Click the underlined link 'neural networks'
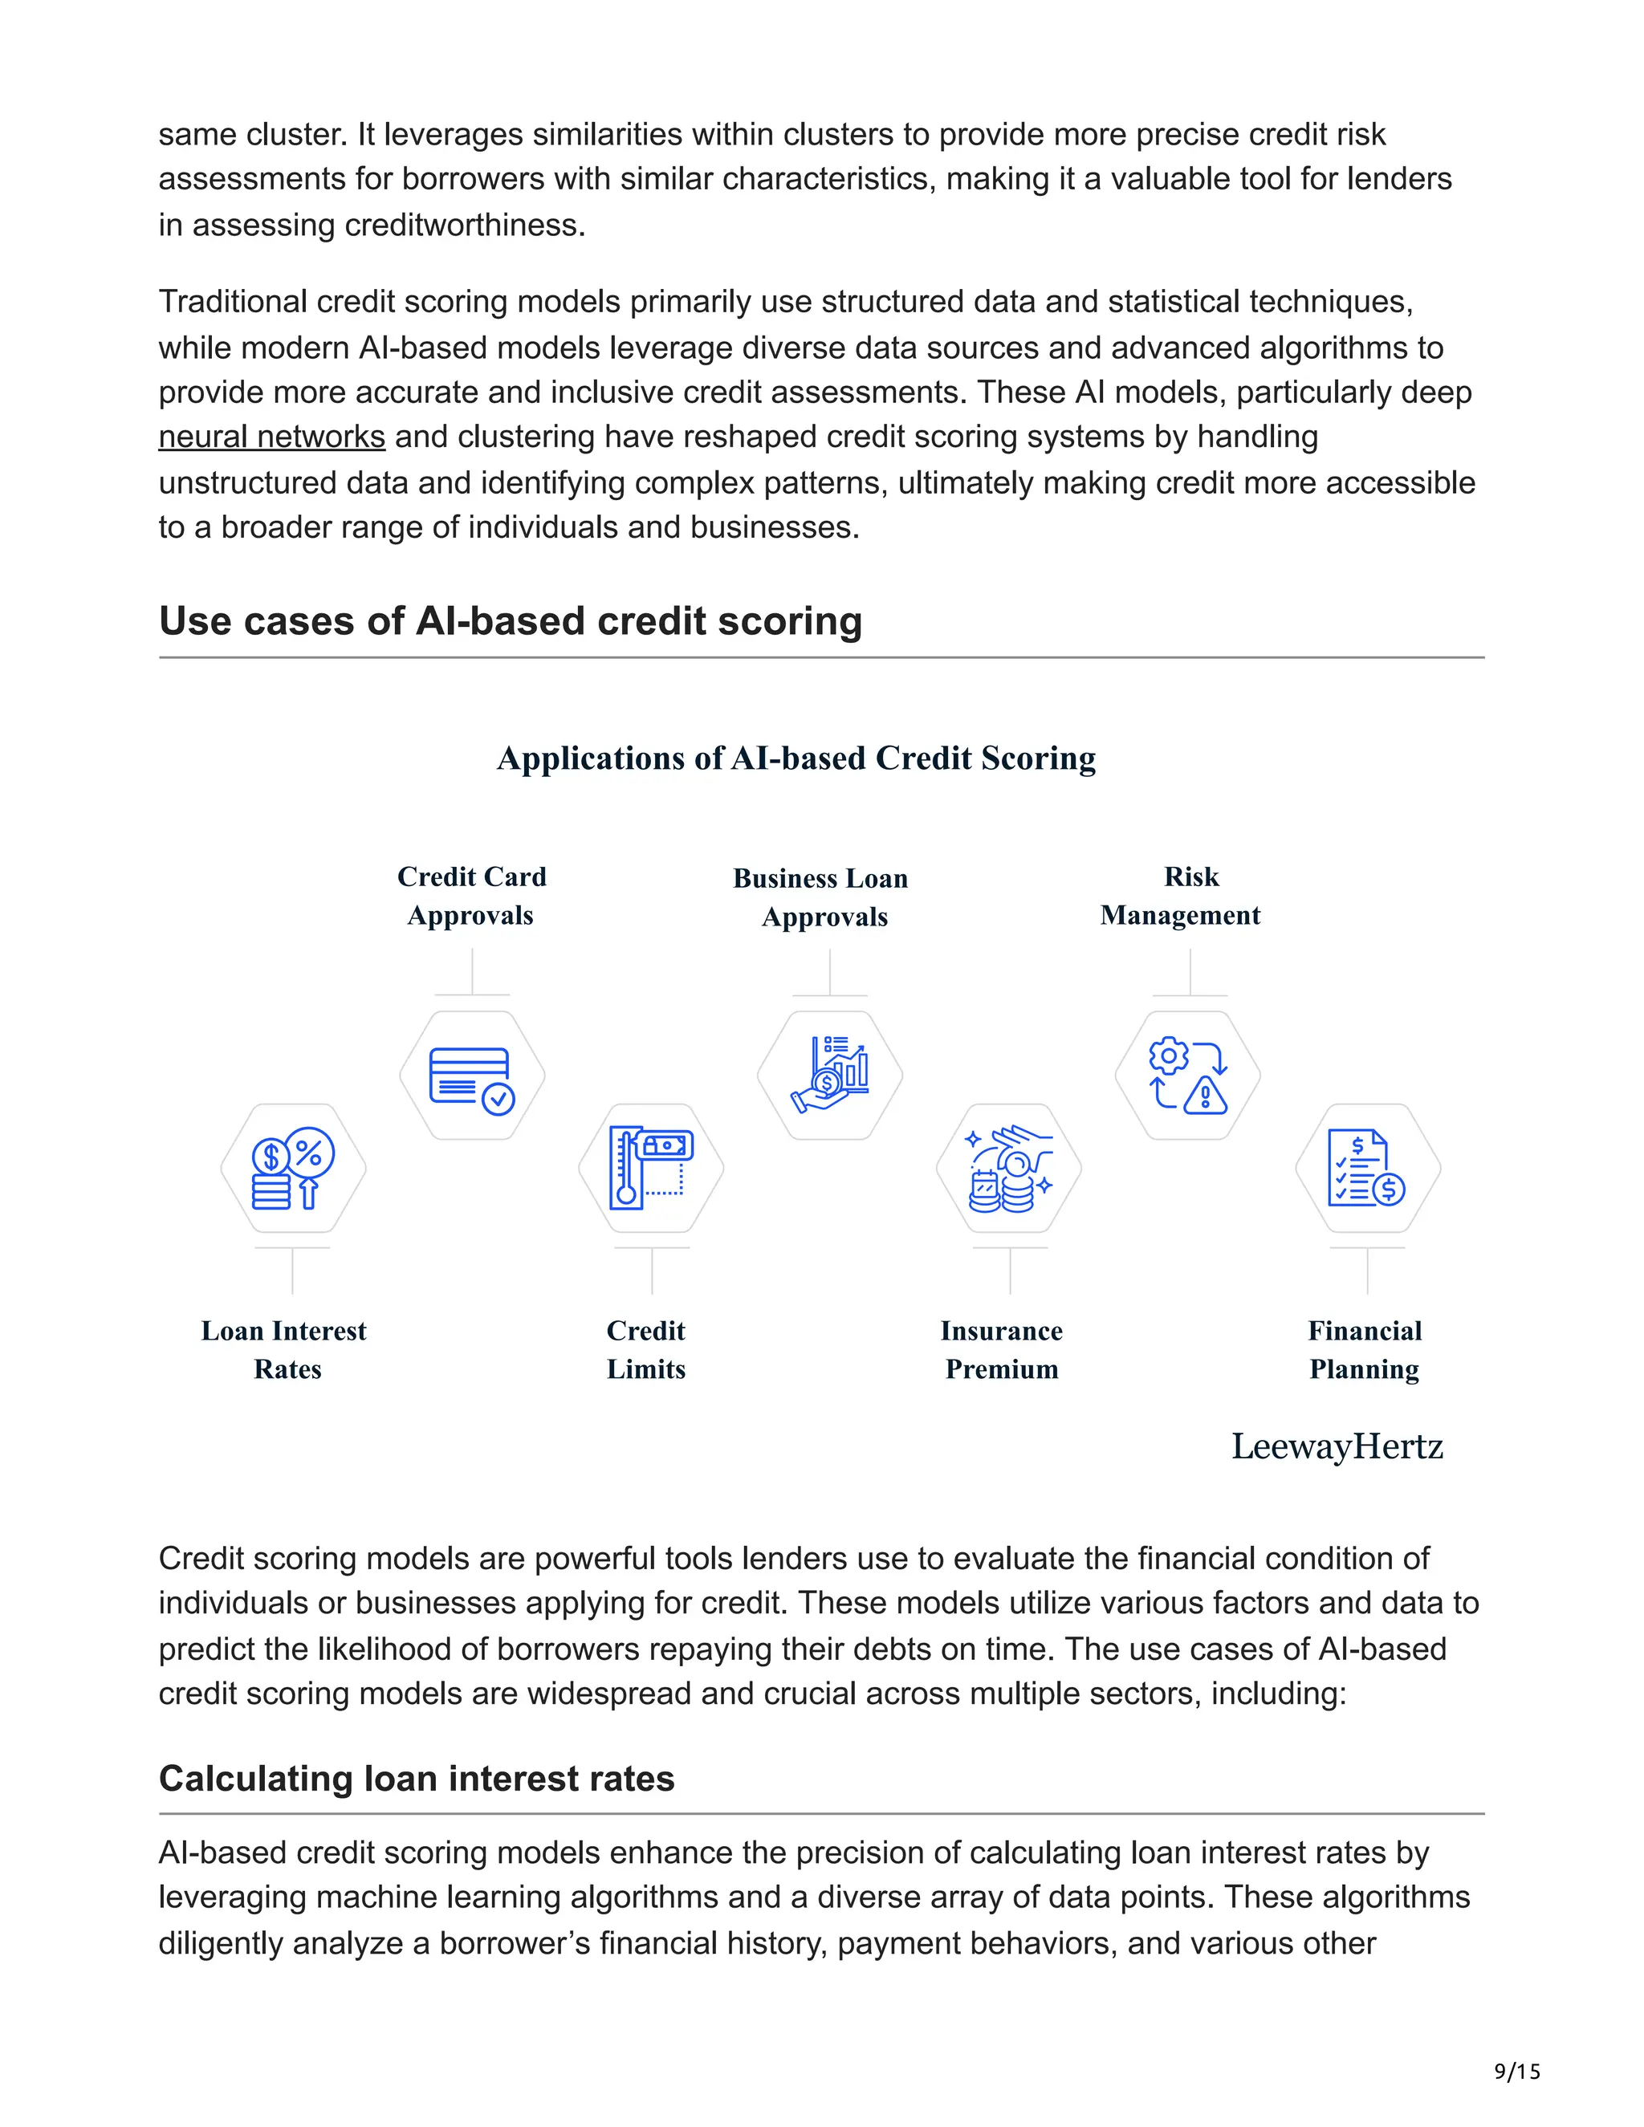(x=272, y=437)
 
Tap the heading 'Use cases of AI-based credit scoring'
(x=511, y=621)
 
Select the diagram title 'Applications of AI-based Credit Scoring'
(x=796, y=758)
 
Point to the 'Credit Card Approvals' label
(x=471, y=896)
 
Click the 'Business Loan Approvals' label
(x=822, y=897)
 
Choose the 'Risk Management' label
(x=1180, y=896)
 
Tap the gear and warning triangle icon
(x=1188, y=1076)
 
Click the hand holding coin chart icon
(x=830, y=1076)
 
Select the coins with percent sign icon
(x=293, y=1169)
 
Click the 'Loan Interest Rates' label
(x=284, y=1350)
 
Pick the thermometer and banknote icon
(x=650, y=1169)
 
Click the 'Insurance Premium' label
(x=1001, y=1350)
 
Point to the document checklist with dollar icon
(x=1367, y=1169)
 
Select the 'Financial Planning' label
(x=1365, y=1350)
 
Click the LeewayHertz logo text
(x=1337, y=1446)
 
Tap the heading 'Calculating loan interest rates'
(x=416, y=1779)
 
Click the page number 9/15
(x=1516, y=2072)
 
